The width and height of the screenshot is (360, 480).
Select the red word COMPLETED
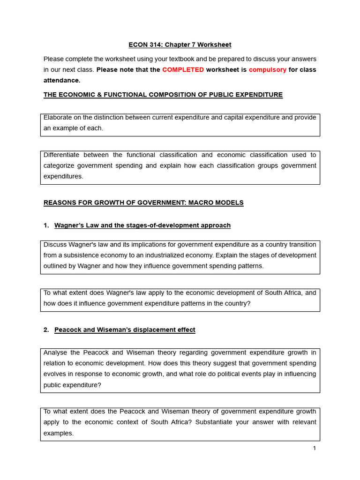(x=183, y=70)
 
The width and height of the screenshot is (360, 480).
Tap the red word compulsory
(x=268, y=70)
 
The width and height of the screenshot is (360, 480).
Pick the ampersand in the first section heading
(x=105, y=95)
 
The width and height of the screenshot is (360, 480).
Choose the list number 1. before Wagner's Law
(x=46, y=225)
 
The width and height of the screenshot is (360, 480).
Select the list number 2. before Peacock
(x=46, y=330)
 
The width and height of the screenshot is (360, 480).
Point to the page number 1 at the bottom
(x=315, y=449)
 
